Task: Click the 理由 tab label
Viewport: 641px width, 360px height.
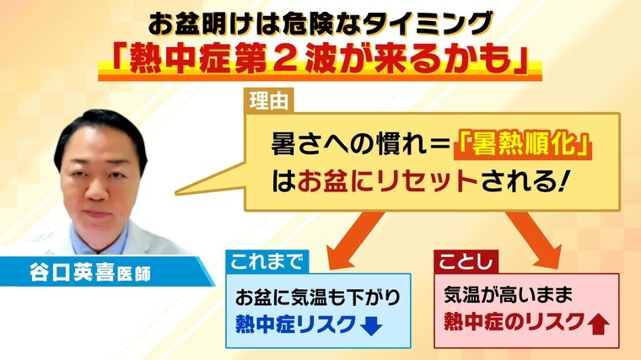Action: [x=268, y=100]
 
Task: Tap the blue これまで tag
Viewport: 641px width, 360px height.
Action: [x=267, y=261]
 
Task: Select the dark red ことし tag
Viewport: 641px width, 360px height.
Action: [x=466, y=262]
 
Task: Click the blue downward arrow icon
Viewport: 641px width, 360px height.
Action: [x=372, y=325]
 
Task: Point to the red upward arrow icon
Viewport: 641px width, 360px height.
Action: [x=599, y=324]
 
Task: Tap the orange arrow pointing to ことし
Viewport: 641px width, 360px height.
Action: [x=534, y=240]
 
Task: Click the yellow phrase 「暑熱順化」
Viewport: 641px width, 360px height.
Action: [x=523, y=144]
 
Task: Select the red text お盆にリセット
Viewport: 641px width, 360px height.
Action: [x=388, y=180]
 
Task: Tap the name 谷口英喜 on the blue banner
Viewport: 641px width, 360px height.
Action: [x=72, y=271]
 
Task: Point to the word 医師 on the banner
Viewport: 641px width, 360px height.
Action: [x=133, y=273]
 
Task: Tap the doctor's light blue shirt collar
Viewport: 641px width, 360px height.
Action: [x=97, y=239]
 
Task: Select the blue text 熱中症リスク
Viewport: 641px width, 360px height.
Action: [x=296, y=325]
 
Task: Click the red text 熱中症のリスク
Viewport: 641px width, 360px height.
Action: [x=514, y=321]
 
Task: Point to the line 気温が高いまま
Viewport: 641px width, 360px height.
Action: [x=508, y=295]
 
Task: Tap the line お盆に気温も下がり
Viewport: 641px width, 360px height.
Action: [x=318, y=298]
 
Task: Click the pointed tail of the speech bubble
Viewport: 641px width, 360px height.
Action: [x=175, y=192]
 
